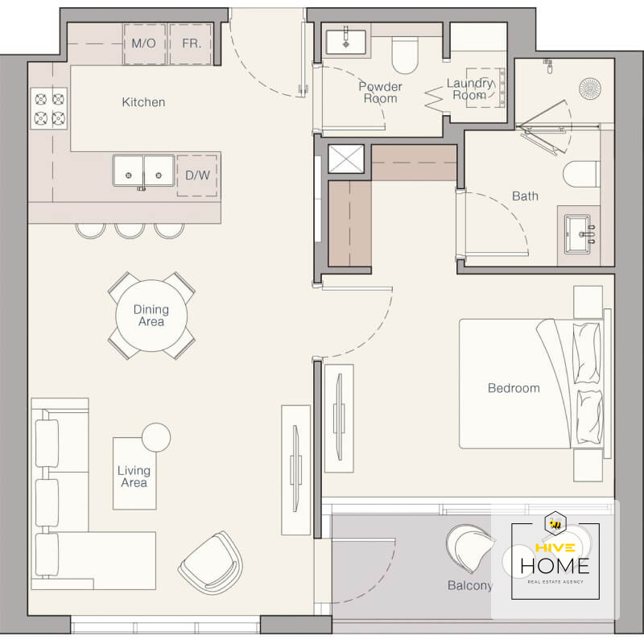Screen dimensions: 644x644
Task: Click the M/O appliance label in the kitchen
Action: (143, 43)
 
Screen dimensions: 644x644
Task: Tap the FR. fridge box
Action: (191, 44)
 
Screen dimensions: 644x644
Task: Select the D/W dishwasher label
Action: (197, 175)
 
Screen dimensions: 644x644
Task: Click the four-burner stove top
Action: (49, 109)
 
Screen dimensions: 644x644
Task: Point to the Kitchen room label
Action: (143, 102)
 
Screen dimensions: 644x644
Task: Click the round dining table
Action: (151, 316)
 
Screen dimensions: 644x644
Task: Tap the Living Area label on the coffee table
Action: (134, 477)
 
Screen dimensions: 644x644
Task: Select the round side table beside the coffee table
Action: (156, 437)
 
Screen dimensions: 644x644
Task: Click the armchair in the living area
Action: (211, 563)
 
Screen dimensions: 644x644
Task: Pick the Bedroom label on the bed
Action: (514, 388)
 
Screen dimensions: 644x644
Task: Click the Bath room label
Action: (526, 196)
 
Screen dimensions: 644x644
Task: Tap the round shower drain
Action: (590, 89)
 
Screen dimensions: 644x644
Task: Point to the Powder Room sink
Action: (346, 42)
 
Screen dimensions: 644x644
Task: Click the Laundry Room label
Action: (469, 89)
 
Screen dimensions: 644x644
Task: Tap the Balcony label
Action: (470, 585)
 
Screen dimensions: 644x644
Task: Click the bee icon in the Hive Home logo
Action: (555, 524)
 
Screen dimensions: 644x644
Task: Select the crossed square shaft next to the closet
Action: (346, 159)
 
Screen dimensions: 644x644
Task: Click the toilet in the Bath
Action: (581, 175)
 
